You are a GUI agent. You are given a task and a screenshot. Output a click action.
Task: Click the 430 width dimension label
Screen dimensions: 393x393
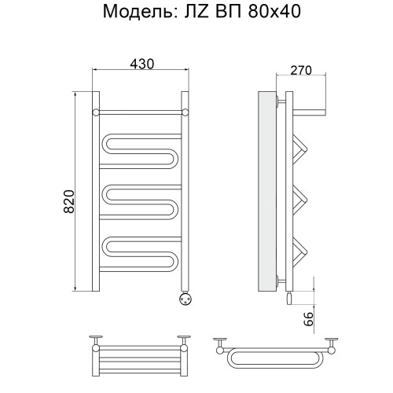pyautogui.click(x=142, y=64)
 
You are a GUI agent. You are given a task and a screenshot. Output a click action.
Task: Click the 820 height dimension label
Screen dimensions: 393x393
pyautogui.click(x=69, y=201)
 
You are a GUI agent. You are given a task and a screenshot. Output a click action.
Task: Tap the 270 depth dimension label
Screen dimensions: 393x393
pyautogui.click(x=301, y=70)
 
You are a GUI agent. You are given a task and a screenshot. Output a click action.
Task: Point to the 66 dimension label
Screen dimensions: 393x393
pyautogui.click(x=309, y=319)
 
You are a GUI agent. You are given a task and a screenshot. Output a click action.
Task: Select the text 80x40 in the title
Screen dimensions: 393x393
pyautogui.click(x=274, y=12)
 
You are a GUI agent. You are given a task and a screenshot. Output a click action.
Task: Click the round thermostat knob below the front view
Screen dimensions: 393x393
pyautogui.click(x=185, y=299)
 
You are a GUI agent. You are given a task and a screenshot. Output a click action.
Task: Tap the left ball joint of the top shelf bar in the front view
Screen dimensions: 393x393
pyautogui.click(x=96, y=112)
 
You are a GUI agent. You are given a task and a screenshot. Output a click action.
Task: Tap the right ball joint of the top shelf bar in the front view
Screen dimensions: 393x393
pyautogui.click(x=185, y=112)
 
